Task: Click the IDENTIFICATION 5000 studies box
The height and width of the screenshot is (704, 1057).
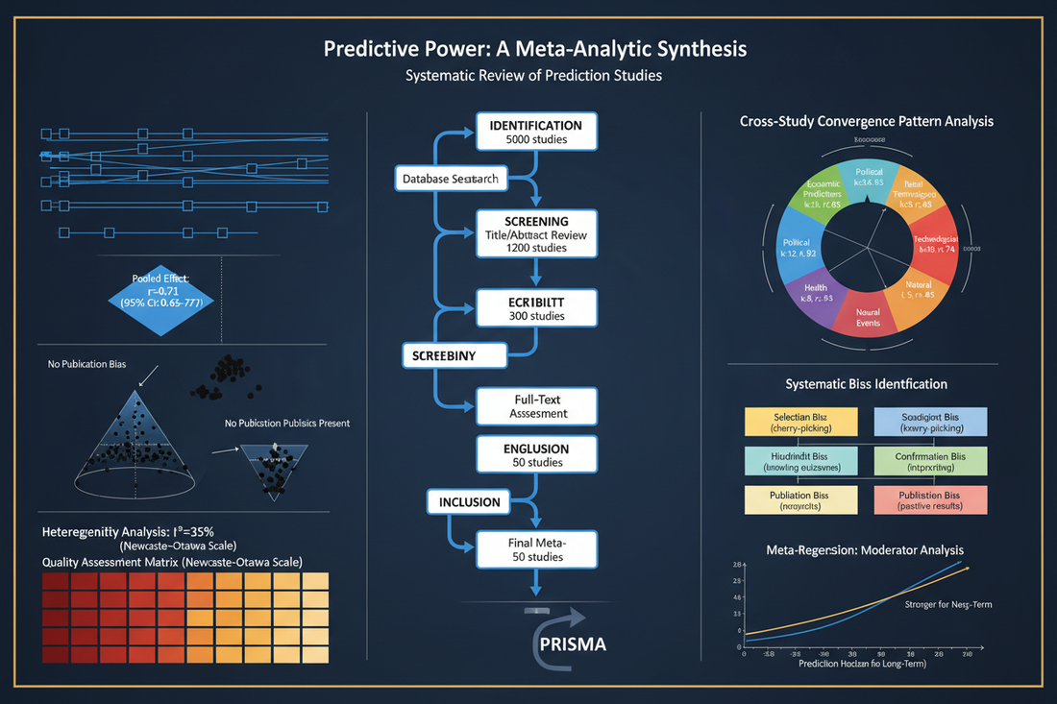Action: click(535, 133)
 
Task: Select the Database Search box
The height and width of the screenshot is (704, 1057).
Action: click(450, 180)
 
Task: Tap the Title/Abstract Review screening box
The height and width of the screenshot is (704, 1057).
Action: click(535, 234)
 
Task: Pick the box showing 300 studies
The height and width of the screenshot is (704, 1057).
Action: click(535, 308)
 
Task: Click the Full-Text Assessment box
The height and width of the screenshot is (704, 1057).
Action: click(535, 405)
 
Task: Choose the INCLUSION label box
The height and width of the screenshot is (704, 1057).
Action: click(470, 501)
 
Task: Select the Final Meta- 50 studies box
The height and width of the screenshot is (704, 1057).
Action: click(535, 550)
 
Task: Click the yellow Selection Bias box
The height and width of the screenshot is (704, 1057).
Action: click(801, 424)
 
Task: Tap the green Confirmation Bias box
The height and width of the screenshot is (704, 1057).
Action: click(930, 462)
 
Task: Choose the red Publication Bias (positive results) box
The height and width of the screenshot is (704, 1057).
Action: click(930, 499)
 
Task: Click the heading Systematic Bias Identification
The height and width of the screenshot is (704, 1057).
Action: click(866, 384)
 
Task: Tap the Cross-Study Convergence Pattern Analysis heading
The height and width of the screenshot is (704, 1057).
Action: click(866, 122)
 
